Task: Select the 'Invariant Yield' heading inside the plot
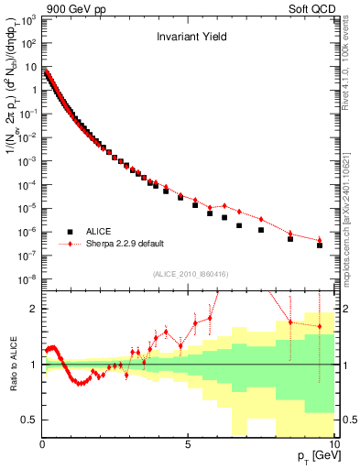[189, 38]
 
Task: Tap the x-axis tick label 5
[188, 443]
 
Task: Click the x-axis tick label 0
[43, 443]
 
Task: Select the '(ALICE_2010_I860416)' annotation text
[189, 274]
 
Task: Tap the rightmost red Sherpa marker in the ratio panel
[320, 326]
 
